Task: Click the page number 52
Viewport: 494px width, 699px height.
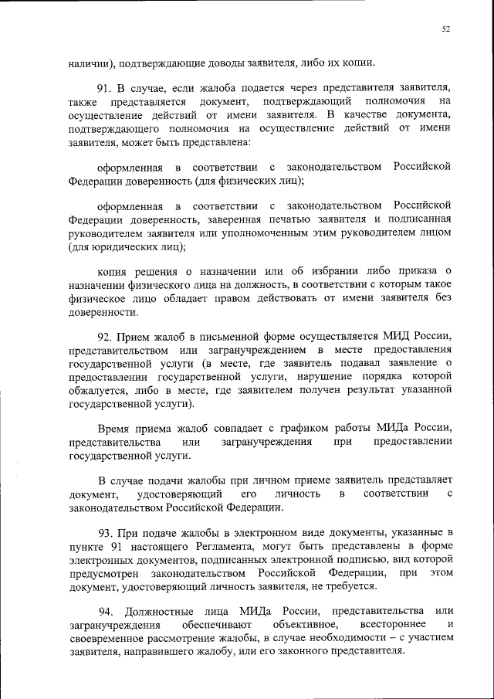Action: tap(446, 29)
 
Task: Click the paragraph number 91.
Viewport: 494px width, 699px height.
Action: tap(105, 88)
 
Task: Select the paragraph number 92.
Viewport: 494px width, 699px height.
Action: tap(105, 337)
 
